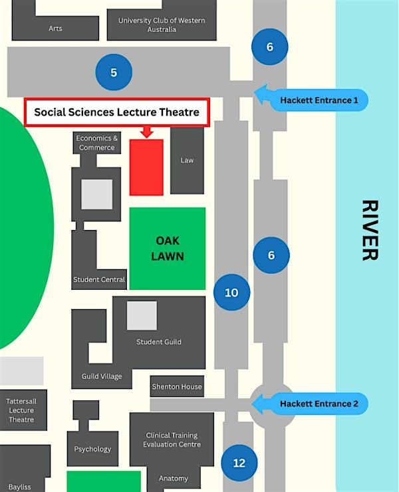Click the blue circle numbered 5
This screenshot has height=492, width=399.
(114, 72)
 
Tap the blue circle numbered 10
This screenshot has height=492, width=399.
(231, 293)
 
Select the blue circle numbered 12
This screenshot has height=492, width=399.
(239, 463)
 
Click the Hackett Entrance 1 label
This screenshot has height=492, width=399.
(319, 100)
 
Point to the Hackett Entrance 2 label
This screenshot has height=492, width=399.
(319, 404)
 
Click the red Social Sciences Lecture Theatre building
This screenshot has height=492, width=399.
(146, 168)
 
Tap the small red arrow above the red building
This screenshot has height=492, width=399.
(146, 132)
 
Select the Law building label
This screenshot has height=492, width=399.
(187, 160)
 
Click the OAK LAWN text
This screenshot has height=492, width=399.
(168, 249)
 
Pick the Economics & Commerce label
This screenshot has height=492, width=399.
(96, 143)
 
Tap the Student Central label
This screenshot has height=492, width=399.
(99, 279)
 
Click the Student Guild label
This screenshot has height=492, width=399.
(159, 342)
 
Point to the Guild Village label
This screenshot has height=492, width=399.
(102, 376)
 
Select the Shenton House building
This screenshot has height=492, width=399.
(177, 386)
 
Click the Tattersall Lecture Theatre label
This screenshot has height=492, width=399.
(21, 410)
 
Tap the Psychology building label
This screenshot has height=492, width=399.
(92, 449)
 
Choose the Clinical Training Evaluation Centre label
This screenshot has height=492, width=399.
(172, 440)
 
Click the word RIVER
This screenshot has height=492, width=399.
(370, 230)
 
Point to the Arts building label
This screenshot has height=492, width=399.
(55, 28)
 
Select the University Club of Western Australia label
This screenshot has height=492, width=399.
(162, 25)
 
